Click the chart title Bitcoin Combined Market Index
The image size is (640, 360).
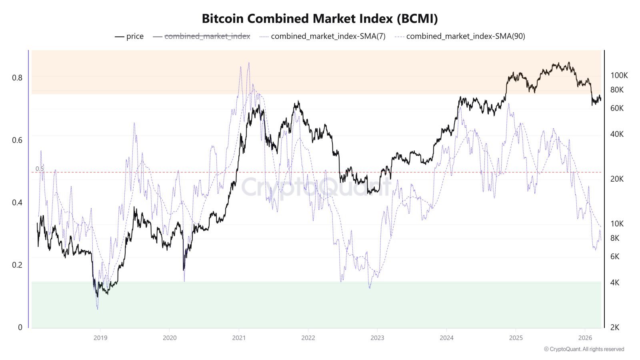tap(320, 18)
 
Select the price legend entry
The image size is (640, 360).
tap(129, 36)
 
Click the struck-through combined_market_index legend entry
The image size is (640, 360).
tap(202, 36)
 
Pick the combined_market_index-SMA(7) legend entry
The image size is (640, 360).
tap(323, 36)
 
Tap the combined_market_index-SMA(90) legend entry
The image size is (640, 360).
tap(460, 36)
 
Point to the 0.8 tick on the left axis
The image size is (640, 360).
tap(17, 78)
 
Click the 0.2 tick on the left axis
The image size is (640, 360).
tap(17, 265)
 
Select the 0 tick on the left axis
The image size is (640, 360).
tap(20, 327)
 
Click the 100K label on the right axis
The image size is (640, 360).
tap(619, 76)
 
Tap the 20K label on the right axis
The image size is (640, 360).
tap(617, 179)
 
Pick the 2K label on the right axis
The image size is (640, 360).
tap(615, 327)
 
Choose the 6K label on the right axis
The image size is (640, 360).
tap(615, 256)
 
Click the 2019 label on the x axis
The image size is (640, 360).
tap(100, 338)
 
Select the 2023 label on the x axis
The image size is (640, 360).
tap(377, 338)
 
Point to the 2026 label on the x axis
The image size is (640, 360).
tap(585, 338)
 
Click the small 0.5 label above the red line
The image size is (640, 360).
tap(40, 169)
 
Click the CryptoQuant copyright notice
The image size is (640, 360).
tap(584, 349)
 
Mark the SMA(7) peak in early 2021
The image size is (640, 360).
tap(249, 63)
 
